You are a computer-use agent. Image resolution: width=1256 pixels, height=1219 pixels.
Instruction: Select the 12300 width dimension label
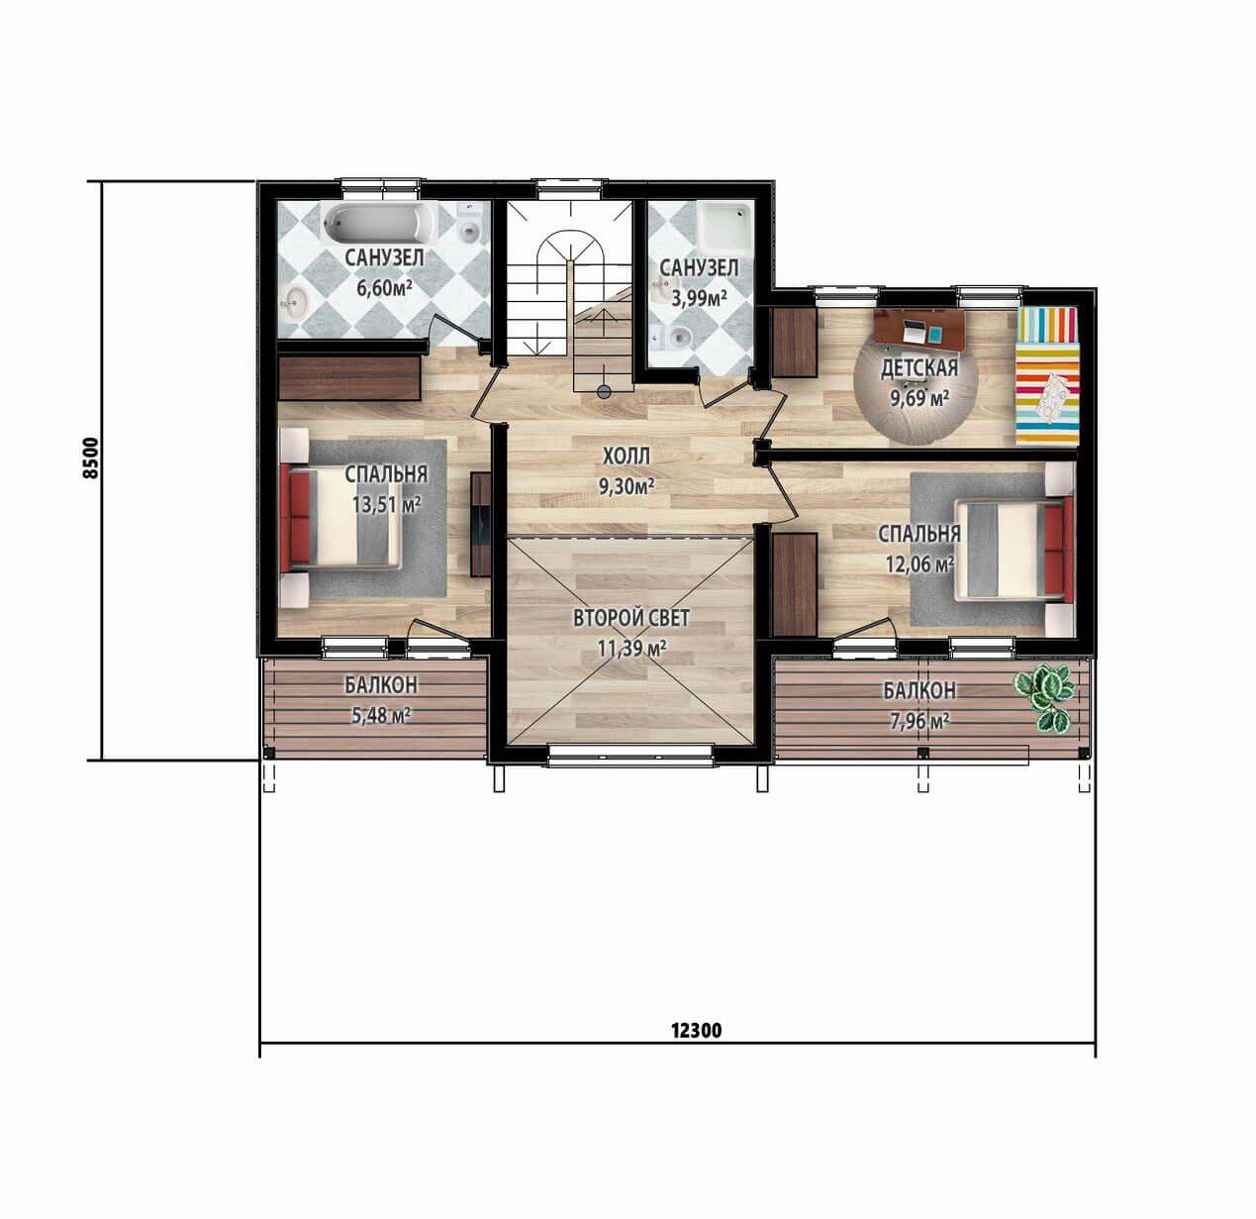click(x=696, y=1030)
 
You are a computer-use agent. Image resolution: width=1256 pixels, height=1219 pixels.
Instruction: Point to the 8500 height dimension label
click(x=93, y=457)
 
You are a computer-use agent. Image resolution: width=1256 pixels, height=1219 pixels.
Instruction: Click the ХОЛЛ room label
click(x=627, y=456)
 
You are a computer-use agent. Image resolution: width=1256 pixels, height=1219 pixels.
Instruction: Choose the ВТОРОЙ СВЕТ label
click(x=631, y=618)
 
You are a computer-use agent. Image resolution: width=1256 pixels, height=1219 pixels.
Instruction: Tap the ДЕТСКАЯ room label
click(x=919, y=368)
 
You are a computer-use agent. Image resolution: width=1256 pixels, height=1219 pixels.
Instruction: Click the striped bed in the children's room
click(x=1047, y=375)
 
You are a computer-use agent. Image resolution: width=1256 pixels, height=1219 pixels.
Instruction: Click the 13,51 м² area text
click(x=387, y=504)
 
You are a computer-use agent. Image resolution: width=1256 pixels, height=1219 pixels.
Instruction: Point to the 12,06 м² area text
click(x=919, y=564)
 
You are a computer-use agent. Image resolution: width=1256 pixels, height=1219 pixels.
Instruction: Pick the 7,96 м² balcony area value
click(x=919, y=720)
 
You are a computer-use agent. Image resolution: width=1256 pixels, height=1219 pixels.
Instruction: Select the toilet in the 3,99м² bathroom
click(x=674, y=337)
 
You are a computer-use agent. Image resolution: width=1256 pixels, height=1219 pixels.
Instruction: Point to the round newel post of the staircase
click(x=604, y=390)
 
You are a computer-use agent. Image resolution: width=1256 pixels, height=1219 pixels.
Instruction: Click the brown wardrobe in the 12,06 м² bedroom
click(x=795, y=584)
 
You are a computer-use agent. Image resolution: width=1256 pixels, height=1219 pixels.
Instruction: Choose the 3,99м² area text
click(x=699, y=297)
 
